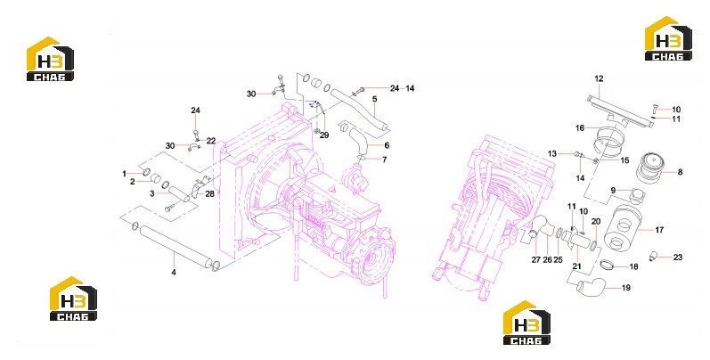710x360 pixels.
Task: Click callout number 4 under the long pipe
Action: tap(174, 272)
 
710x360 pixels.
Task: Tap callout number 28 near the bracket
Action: tap(209, 193)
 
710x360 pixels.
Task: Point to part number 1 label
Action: tap(124, 174)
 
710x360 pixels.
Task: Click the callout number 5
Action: tap(374, 99)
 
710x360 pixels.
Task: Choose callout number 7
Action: tap(385, 160)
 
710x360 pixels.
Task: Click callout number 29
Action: tap(324, 135)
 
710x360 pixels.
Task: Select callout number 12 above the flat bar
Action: tap(599, 78)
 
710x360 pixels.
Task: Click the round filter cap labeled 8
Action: tap(649, 167)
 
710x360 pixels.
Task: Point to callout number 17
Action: tap(659, 230)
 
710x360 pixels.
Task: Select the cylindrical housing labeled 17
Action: tap(624, 228)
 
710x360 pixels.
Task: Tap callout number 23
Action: tap(677, 258)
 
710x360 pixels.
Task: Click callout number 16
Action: tap(580, 128)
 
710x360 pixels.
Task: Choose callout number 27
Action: tap(536, 260)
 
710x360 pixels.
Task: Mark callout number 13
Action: tap(552, 154)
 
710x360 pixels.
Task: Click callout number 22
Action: tap(211, 141)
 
